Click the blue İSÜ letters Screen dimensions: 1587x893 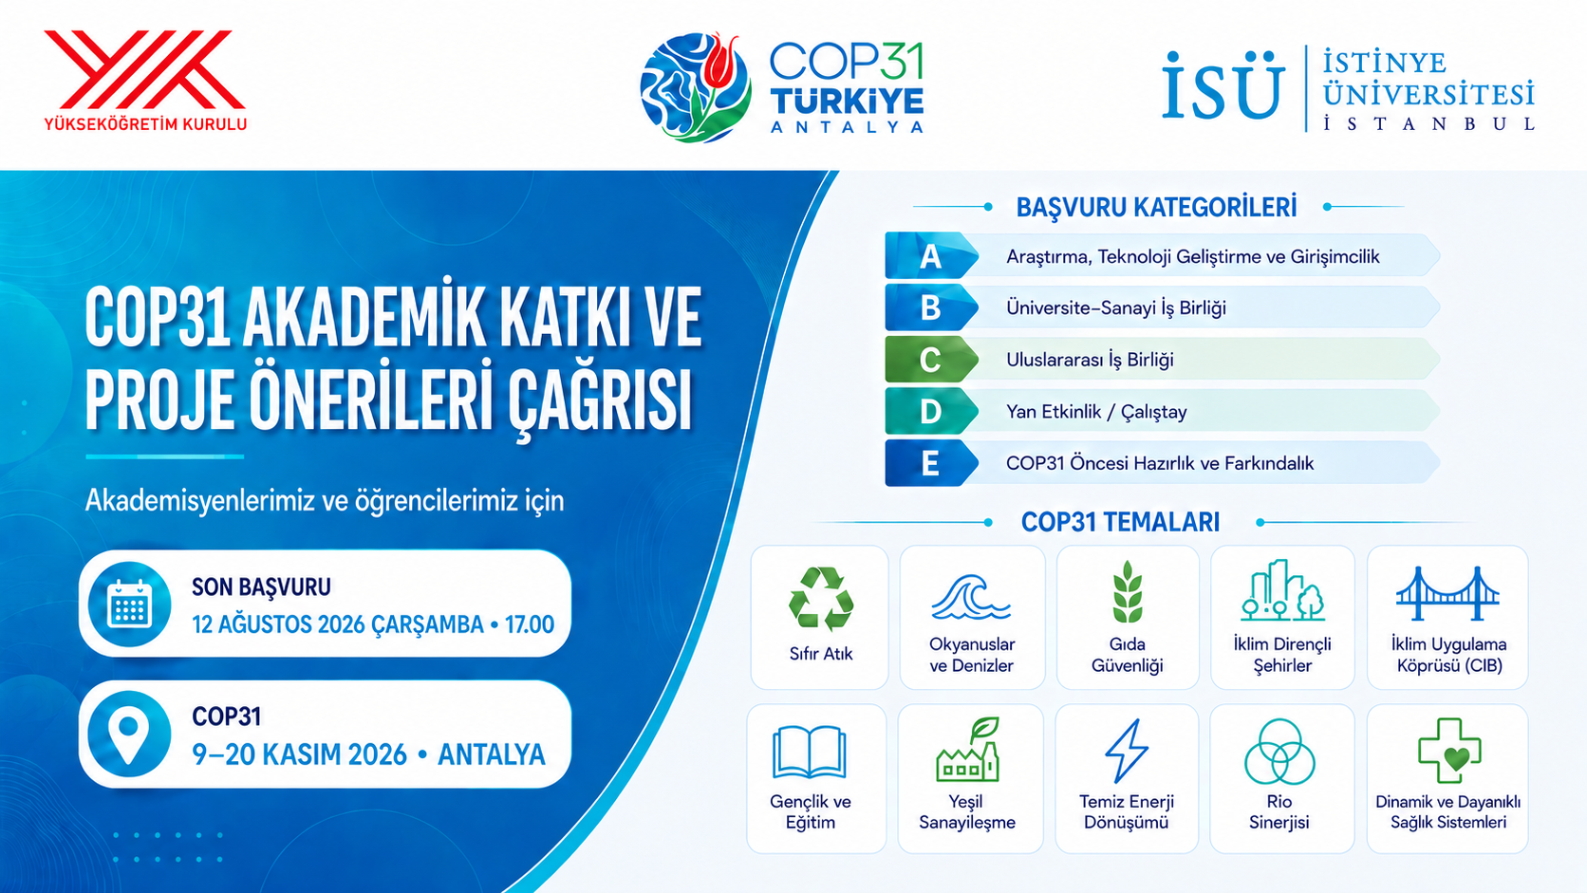click(1223, 85)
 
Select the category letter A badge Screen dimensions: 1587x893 click(931, 255)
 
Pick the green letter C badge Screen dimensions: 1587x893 click(931, 359)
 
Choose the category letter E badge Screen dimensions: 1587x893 click(931, 463)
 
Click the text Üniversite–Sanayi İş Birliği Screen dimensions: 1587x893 click(1116, 308)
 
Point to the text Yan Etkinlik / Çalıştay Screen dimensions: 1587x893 click(1096, 412)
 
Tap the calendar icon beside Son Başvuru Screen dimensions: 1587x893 click(129, 605)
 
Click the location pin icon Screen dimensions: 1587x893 click(129, 735)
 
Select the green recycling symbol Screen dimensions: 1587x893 click(820, 599)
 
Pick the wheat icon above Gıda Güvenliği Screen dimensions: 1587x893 click(1127, 593)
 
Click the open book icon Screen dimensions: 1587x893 click(809, 752)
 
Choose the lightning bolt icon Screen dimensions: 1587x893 click(1127, 752)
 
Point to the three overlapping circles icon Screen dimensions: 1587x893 click(1279, 752)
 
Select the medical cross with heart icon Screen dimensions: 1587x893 click(1448, 751)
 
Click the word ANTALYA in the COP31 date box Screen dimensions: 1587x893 click(492, 754)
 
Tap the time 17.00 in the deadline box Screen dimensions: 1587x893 click(530, 624)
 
